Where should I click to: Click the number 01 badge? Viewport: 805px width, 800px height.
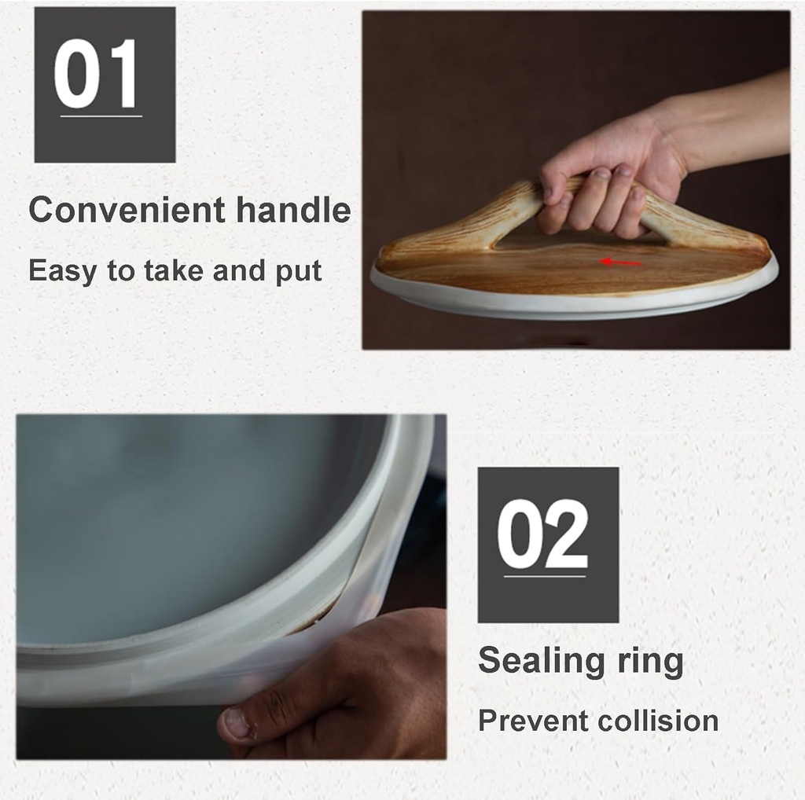pos(105,85)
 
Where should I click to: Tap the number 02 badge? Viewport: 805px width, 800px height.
pos(548,545)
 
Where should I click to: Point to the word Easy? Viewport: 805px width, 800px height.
pos(62,270)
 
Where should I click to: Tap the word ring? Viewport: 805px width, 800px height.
pos(650,661)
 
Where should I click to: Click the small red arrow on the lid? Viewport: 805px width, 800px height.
pos(621,262)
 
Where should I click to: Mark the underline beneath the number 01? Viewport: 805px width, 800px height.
pos(101,116)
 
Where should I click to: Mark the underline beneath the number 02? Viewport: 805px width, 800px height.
pos(545,576)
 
